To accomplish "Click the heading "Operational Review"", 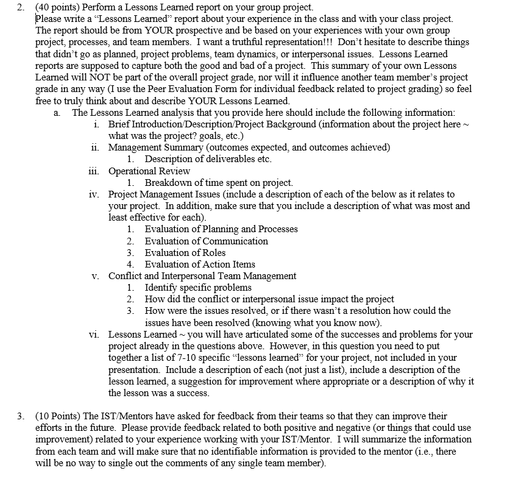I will [149, 171].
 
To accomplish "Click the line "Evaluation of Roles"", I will [185, 252].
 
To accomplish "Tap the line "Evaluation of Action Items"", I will [200, 264].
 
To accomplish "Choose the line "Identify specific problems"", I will [198, 287].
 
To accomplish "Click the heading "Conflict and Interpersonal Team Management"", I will [202, 275].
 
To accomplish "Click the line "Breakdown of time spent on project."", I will [219, 183].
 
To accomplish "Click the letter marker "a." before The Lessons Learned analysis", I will [57, 113].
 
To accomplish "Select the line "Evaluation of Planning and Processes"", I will [221, 229].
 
